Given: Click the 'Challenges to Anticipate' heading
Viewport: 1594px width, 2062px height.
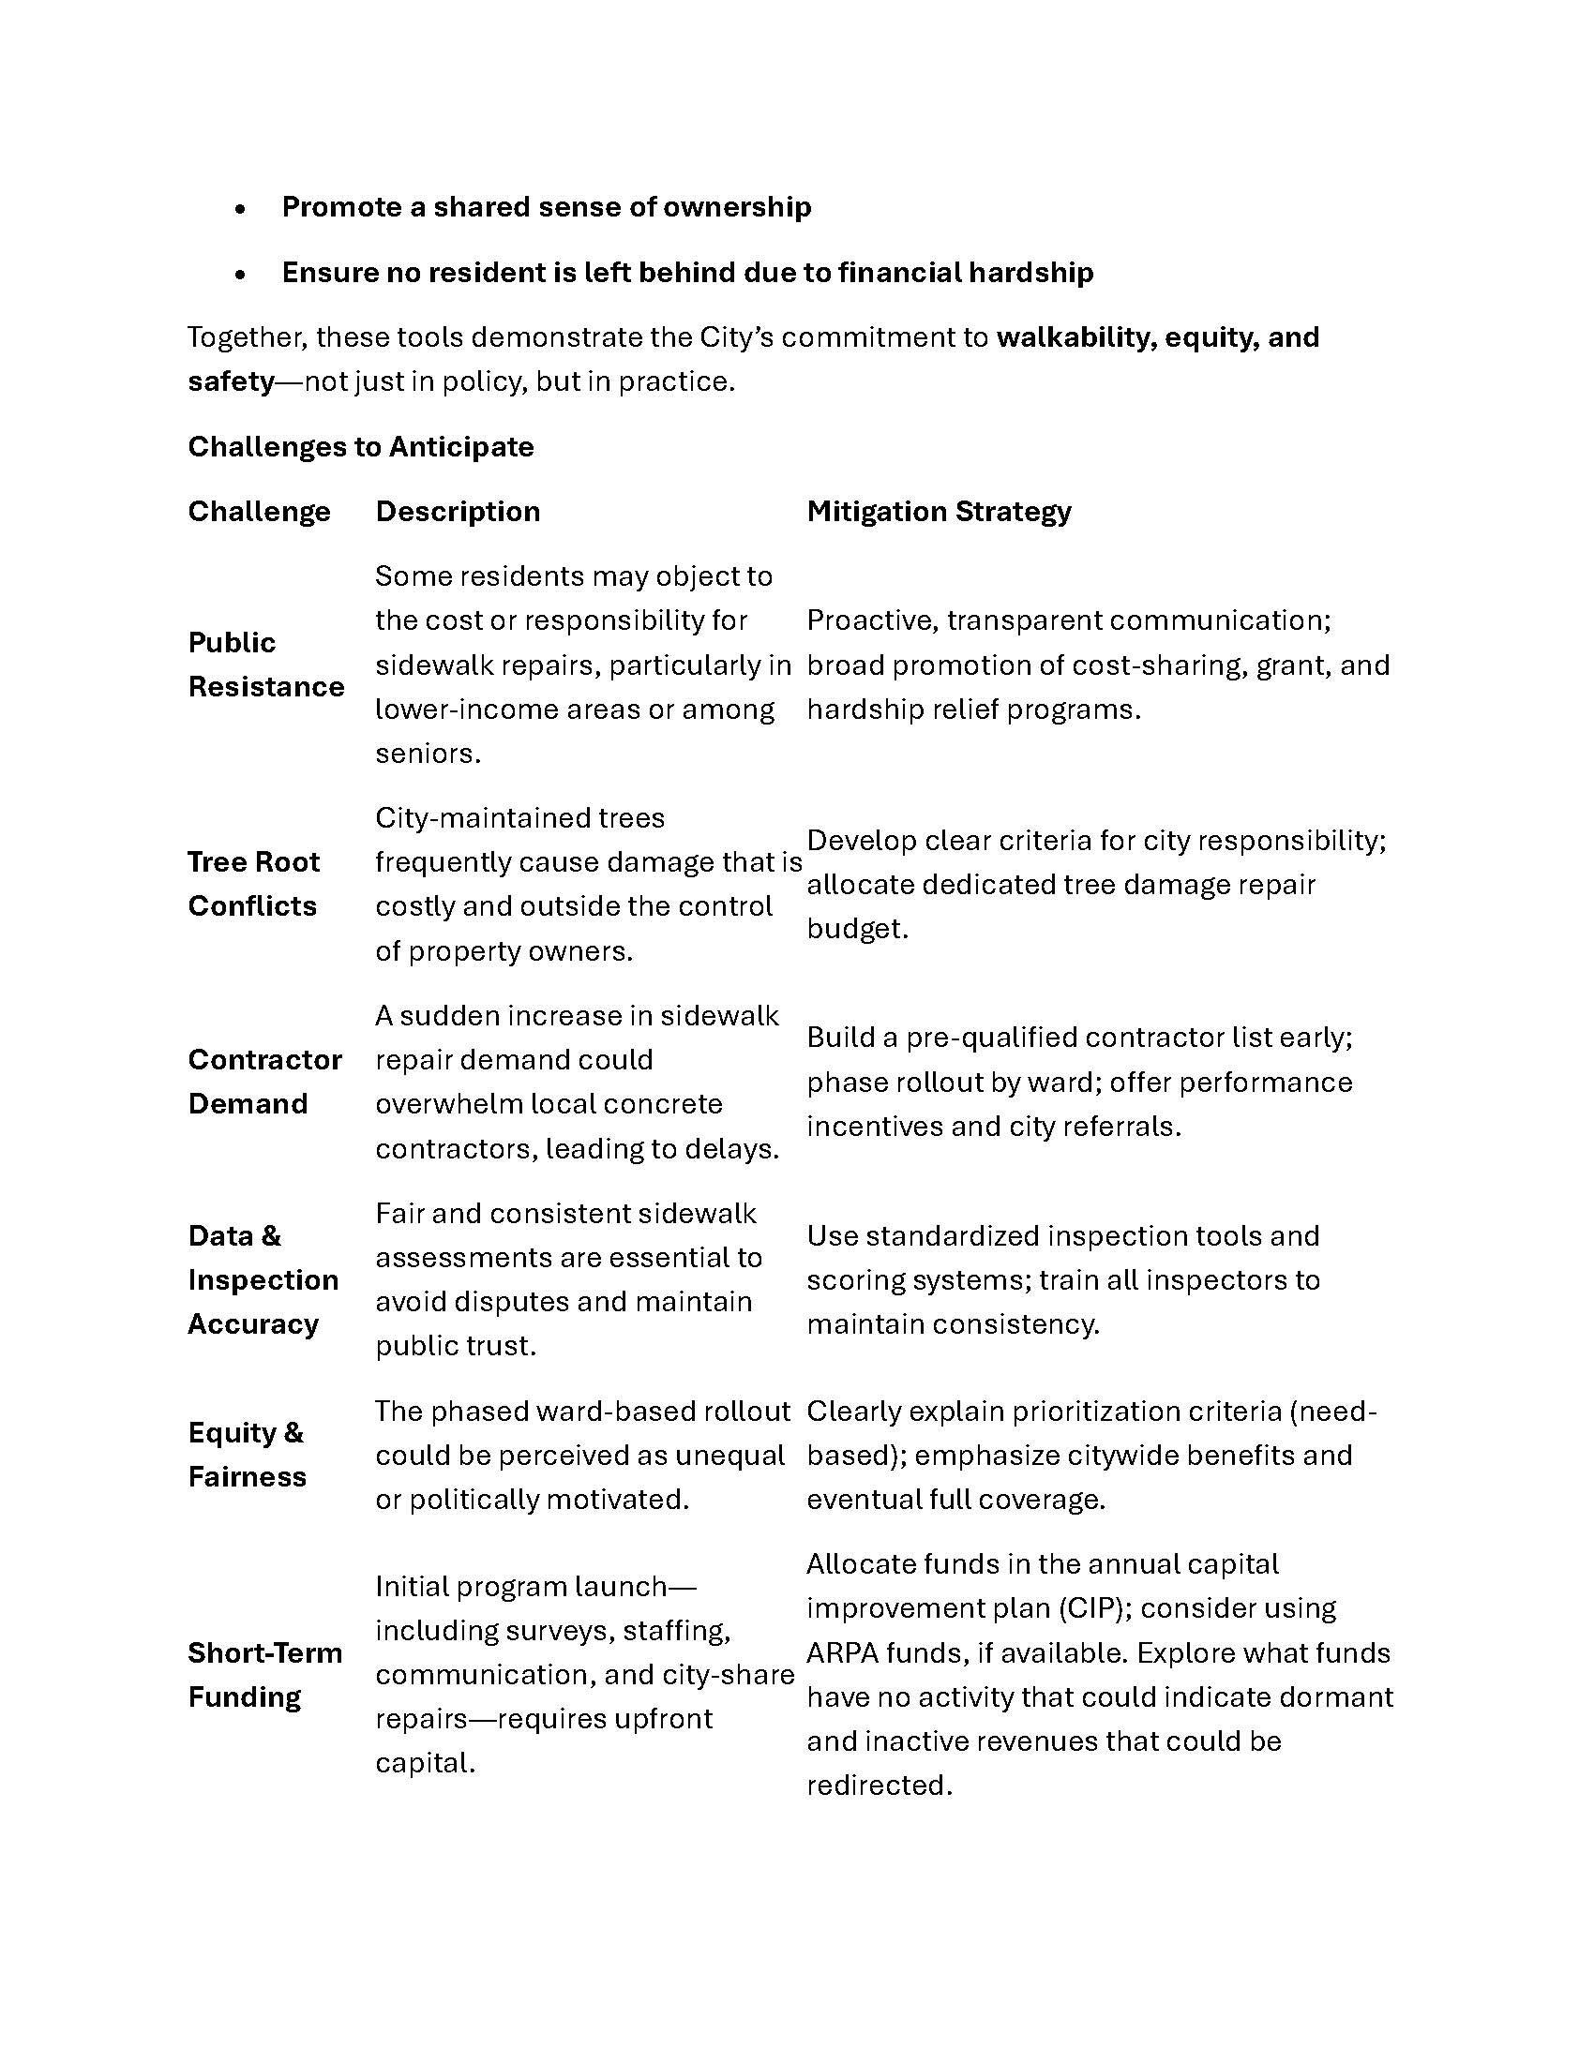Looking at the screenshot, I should (x=360, y=446).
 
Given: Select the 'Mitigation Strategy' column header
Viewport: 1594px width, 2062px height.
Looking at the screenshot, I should (x=939, y=512).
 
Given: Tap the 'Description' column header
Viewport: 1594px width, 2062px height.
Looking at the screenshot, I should (x=458, y=512).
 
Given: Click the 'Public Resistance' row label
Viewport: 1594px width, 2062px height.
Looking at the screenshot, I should (x=265, y=665).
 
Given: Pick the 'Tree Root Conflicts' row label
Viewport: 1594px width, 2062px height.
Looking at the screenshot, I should (x=253, y=884).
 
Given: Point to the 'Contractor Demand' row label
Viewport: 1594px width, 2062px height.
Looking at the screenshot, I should (x=264, y=1081).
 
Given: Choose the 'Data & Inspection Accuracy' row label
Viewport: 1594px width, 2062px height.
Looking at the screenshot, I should (x=263, y=1279).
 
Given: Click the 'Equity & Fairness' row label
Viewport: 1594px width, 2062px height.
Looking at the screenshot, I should (x=247, y=1455).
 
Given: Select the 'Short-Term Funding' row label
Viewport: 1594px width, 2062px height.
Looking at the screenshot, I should (x=264, y=1675).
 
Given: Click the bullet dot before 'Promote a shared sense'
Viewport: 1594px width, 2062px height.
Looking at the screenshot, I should (x=242, y=209).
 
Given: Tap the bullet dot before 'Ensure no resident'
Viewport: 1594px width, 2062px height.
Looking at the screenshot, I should (x=242, y=275).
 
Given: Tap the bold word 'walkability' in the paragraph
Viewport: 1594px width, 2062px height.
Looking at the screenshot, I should (x=1075, y=337).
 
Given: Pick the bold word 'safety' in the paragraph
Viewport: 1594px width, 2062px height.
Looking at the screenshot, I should (x=231, y=381).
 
